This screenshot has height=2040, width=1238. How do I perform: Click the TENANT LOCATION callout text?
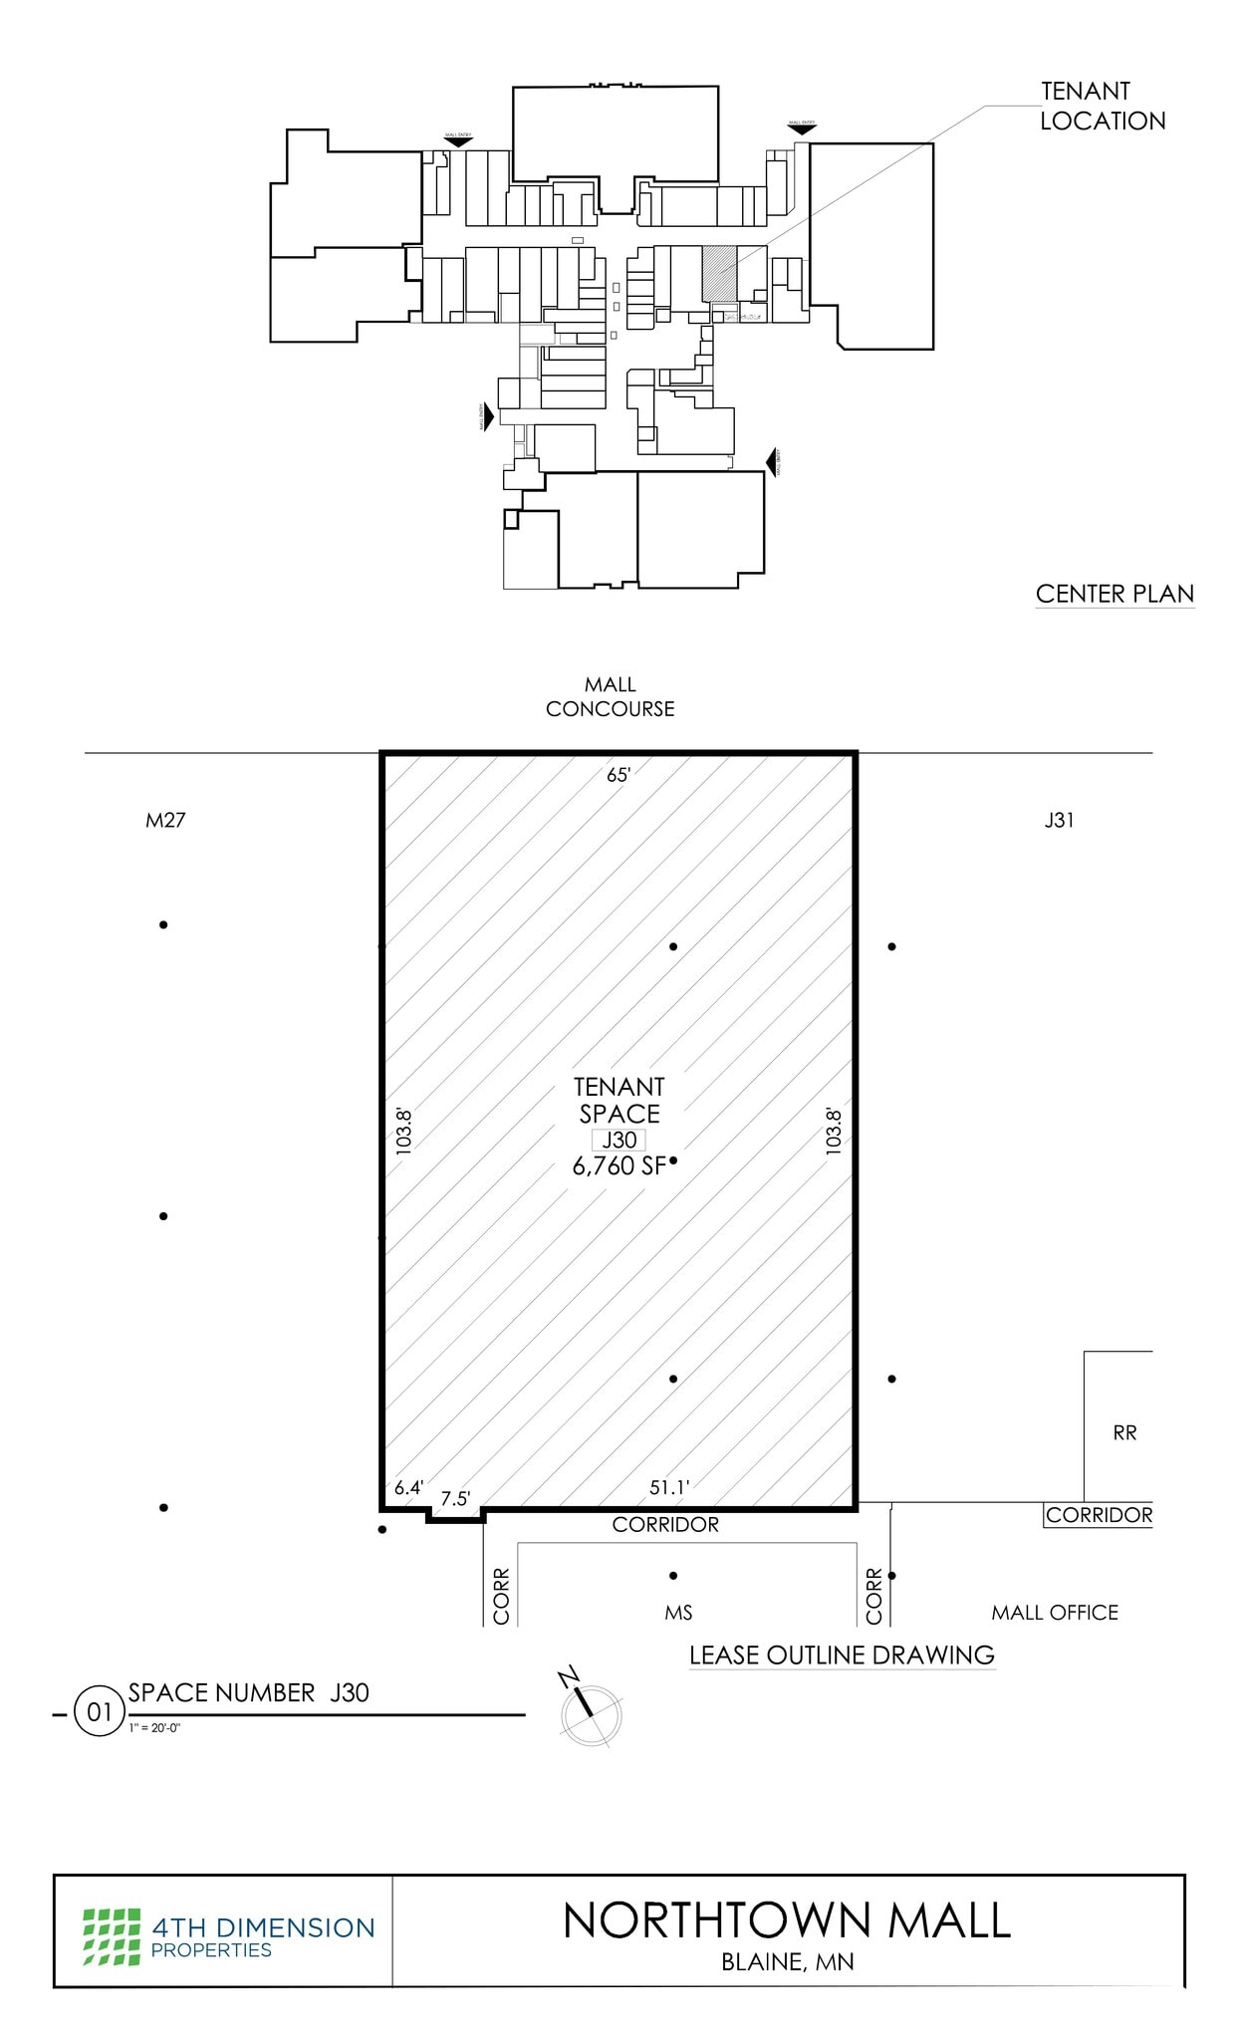pyautogui.click(x=1102, y=106)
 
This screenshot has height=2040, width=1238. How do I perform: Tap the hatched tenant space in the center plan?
pyautogui.click(x=718, y=273)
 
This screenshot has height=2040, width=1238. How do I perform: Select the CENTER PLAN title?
pyautogui.click(x=1114, y=594)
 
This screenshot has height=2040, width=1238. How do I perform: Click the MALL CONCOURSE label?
pyautogui.click(x=610, y=696)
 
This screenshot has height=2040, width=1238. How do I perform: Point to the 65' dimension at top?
pyautogui.click(x=619, y=775)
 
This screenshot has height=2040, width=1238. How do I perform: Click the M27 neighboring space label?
pyautogui.click(x=165, y=821)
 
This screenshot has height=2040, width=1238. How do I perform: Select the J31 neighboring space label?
pyautogui.click(x=1058, y=821)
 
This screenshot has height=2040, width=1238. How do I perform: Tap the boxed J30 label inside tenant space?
pyautogui.click(x=619, y=1141)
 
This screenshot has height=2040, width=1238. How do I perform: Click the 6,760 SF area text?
pyautogui.click(x=618, y=1166)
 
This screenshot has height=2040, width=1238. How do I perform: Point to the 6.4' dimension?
pyautogui.click(x=408, y=1488)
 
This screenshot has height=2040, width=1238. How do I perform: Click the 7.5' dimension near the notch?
pyautogui.click(x=455, y=1499)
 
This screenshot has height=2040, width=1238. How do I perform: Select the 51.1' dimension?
pyautogui.click(x=669, y=1488)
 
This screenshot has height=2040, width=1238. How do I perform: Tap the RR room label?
pyautogui.click(x=1123, y=1432)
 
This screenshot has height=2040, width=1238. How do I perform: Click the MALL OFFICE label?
pyautogui.click(x=1054, y=1612)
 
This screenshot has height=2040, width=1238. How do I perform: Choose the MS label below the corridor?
pyautogui.click(x=678, y=1613)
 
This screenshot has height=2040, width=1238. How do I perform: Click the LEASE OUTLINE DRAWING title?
pyautogui.click(x=842, y=1656)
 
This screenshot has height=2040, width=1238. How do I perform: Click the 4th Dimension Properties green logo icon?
pyautogui.click(x=111, y=1936)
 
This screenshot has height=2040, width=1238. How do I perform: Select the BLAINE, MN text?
pyautogui.click(x=787, y=1961)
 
